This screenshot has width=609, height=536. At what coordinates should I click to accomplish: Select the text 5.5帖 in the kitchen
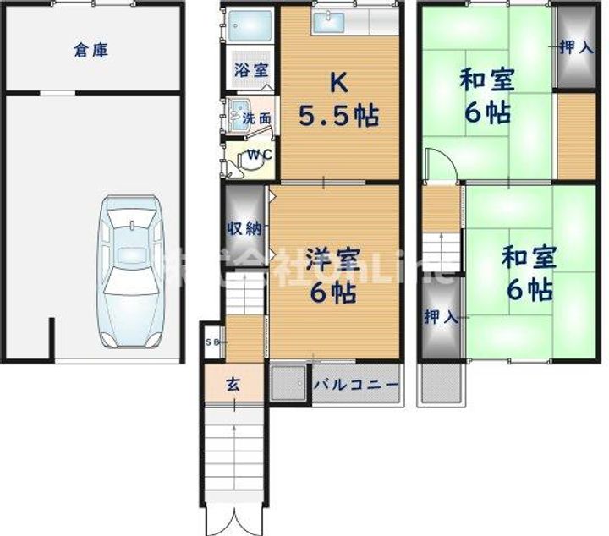click(337, 117)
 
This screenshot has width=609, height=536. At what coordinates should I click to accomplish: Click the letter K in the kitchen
click(337, 82)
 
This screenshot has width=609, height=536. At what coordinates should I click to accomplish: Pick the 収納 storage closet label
click(244, 228)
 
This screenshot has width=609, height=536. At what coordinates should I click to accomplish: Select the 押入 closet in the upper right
click(576, 47)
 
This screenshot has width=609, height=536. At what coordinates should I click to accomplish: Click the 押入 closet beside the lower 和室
click(441, 318)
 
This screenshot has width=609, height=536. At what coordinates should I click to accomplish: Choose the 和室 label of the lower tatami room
click(525, 256)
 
